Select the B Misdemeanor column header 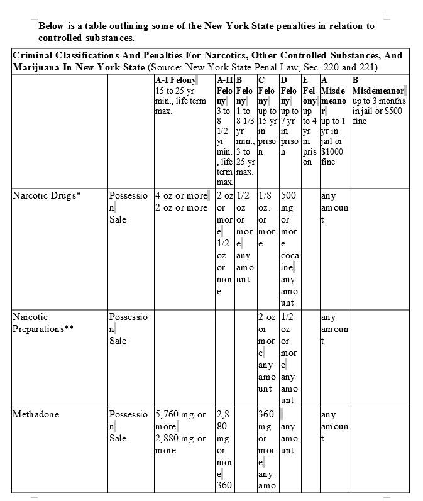378,85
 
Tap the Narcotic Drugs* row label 47,195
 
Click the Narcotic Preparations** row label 42,323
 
